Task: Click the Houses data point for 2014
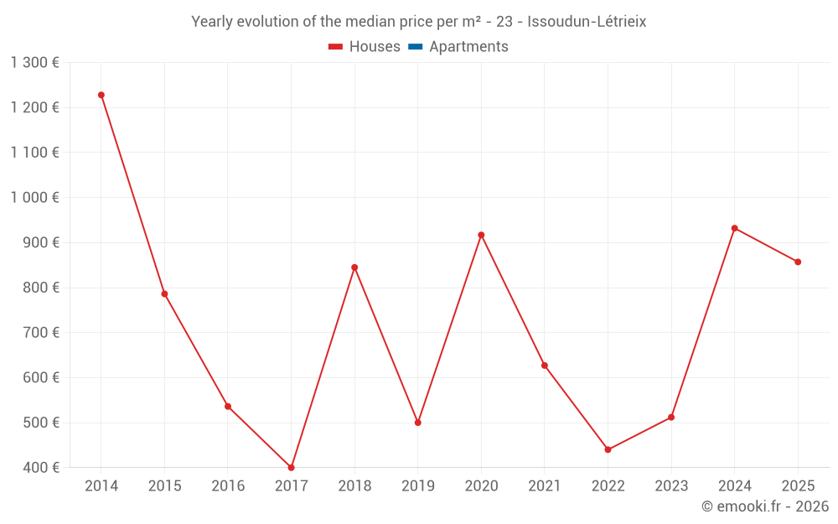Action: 101,95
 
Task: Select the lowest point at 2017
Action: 292,468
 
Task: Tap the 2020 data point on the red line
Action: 481,235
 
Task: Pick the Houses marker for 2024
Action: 735,228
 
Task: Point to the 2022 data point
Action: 608,450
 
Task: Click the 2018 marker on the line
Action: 354,267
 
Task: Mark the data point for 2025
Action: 798,262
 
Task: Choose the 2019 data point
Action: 418,423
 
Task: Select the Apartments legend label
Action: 468,47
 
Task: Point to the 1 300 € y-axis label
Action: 34,63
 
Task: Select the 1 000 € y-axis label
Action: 34,198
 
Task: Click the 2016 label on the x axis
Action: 228,486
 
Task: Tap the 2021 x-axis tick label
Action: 545,486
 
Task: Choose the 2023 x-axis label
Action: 671,486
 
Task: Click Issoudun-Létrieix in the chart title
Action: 587,22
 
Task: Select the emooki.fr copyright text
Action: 765,506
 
